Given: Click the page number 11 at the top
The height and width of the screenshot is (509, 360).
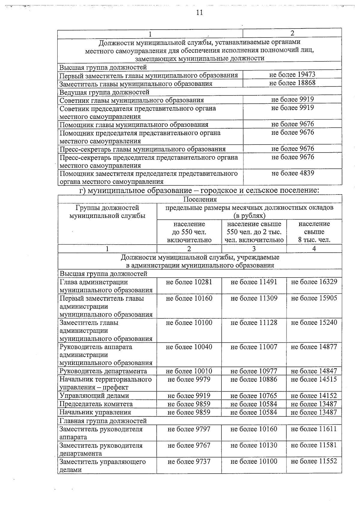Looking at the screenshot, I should pos(199,13).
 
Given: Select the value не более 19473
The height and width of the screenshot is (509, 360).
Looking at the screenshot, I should pos(292,75).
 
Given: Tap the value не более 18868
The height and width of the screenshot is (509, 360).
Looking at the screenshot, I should pos(292,83).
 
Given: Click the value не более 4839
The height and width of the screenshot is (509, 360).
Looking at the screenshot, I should pos(292,173).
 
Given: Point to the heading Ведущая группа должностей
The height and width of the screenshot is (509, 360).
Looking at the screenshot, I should pos(104,92).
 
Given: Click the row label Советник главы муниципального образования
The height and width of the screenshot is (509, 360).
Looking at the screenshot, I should pos(131,100).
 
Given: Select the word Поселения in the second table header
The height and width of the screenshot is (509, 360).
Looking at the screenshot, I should pos(200,199).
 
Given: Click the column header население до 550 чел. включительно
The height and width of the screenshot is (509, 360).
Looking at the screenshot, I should pos(189,232).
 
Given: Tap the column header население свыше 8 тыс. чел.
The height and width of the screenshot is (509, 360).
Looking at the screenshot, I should pos(314,232).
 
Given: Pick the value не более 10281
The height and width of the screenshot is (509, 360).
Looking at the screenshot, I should pos(189,282).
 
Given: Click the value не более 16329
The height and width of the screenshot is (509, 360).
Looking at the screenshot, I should pos(314,282).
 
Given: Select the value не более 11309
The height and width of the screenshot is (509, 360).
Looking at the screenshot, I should pos(254,298).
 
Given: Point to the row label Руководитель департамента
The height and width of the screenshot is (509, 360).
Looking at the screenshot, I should pos(103,371).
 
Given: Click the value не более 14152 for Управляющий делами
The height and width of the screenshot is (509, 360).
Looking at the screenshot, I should pos(314,396).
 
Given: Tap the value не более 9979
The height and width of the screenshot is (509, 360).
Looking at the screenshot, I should pos(189,380).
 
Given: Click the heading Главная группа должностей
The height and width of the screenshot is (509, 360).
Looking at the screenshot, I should pos(103,421).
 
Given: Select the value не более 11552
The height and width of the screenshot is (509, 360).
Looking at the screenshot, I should pos(314,461).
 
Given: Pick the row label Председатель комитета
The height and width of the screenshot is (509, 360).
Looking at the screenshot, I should pos(96,404).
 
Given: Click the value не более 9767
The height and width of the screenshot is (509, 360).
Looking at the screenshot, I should pos(189,445).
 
